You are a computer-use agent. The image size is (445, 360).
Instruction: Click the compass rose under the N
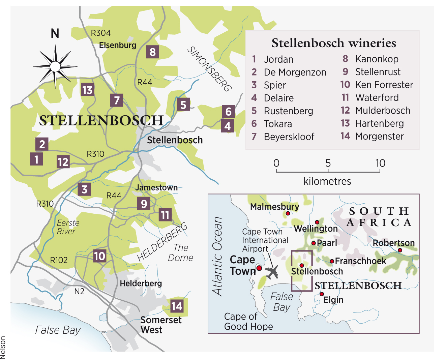55,66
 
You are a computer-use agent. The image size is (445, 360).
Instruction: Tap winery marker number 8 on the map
152,52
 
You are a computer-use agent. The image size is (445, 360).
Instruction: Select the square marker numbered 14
176,306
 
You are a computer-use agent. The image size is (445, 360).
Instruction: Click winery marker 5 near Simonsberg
183,105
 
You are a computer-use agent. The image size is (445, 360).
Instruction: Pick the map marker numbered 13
87,90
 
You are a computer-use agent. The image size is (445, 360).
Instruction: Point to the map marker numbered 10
99,256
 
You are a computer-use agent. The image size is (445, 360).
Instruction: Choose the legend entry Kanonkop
377,59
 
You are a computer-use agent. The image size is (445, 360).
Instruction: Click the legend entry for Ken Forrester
384,85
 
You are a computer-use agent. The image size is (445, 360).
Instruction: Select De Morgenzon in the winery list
295,72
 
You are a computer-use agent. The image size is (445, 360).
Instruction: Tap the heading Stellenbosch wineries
333,43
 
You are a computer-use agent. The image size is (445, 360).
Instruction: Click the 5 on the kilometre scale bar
328,163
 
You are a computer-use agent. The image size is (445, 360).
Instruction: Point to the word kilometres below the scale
327,181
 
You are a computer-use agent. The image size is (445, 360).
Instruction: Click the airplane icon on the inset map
272,272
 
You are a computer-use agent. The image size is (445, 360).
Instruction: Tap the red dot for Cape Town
259,268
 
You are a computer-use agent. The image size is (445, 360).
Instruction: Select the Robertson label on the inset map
393,243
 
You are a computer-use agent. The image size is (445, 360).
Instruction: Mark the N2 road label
79,291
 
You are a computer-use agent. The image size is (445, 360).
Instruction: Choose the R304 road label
101,33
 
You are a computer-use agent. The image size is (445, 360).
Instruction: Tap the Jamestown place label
156,188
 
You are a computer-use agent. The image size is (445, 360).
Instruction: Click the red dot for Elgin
322,294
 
